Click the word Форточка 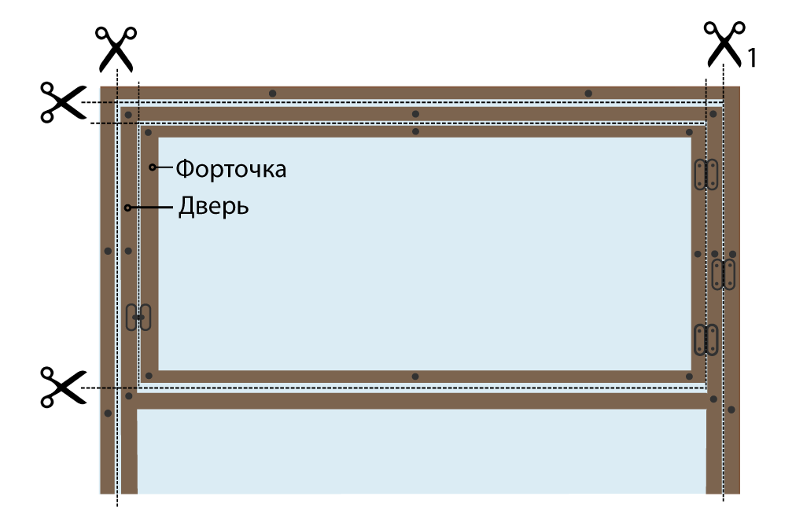tap(230, 169)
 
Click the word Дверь tap(213, 207)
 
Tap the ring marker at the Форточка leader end tap(153, 167)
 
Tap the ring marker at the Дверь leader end tap(127, 208)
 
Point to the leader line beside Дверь tap(152, 208)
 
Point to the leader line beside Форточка tap(164, 167)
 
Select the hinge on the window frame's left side tap(138, 317)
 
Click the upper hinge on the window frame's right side tap(706, 175)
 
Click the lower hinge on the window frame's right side tap(706, 340)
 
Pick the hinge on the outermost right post tap(724, 274)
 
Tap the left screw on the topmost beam tap(272, 94)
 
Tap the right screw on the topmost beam tap(588, 94)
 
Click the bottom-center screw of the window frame tap(415, 377)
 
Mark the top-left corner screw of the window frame tap(148, 132)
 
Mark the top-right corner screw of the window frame tap(689, 132)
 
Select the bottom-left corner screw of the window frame tap(148, 376)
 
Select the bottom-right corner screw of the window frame tap(689, 377)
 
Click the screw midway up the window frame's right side tap(698, 254)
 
